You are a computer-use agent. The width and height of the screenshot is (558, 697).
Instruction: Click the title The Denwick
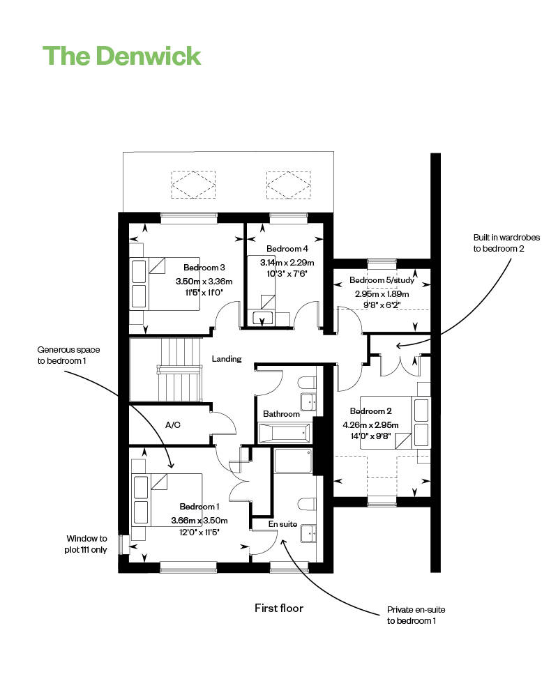click(x=122, y=56)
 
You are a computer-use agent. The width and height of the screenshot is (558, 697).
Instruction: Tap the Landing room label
click(x=227, y=359)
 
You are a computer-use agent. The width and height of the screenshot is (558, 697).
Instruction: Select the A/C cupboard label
click(x=173, y=425)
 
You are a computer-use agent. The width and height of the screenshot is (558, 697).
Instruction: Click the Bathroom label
click(x=281, y=414)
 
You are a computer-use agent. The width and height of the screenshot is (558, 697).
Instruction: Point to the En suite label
click(x=282, y=524)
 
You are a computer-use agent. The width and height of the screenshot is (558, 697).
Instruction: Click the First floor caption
click(x=279, y=608)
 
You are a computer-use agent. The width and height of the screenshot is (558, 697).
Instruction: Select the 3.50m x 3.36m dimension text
click(x=204, y=282)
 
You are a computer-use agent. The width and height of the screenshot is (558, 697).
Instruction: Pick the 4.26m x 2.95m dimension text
click(x=370, y=425)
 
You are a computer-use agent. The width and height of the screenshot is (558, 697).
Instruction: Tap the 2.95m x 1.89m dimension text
click(x=382, y=294)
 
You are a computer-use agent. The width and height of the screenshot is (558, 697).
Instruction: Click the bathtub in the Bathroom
click(x=285, y=434)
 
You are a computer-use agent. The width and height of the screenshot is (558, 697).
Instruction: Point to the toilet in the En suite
click(x=307, y=504)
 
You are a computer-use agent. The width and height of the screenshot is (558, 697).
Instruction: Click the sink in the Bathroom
click(x=308, y=402)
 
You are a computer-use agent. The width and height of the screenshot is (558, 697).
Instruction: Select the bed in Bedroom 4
click(x=261, y=291)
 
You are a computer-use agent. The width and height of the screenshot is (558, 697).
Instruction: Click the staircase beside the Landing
click(x=179, y=370)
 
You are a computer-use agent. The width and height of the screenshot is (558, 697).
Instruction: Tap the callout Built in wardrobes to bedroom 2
click(x=506, y=243)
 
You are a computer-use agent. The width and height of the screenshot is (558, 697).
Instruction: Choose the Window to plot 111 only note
click(x=86, y=544)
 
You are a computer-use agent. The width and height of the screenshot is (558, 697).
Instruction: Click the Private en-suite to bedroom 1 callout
click(x=416, y=615)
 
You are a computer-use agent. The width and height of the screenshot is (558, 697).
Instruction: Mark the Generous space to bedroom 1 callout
click(x=68, y=355)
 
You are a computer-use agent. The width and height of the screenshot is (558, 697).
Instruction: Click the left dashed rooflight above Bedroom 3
click(x=193, y=185)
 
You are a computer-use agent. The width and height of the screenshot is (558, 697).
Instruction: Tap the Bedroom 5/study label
click(x=382, y=280)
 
